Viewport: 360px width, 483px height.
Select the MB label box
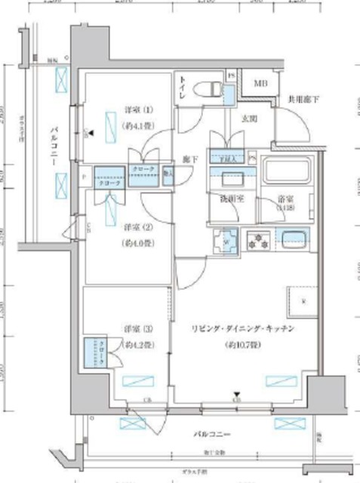[x=259, y=84]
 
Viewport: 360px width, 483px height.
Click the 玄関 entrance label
[x=249, y=119]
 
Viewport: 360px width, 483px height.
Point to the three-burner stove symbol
[x=258, y=241]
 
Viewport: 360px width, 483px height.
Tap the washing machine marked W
[x=226, y=241]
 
